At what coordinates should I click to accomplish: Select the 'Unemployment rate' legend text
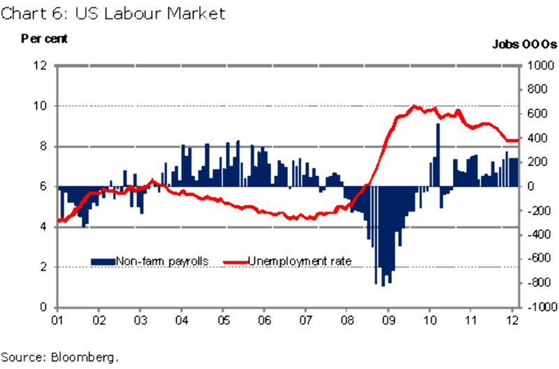click(x=300, y=261)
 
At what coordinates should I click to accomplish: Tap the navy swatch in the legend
click(x=103, y=261)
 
